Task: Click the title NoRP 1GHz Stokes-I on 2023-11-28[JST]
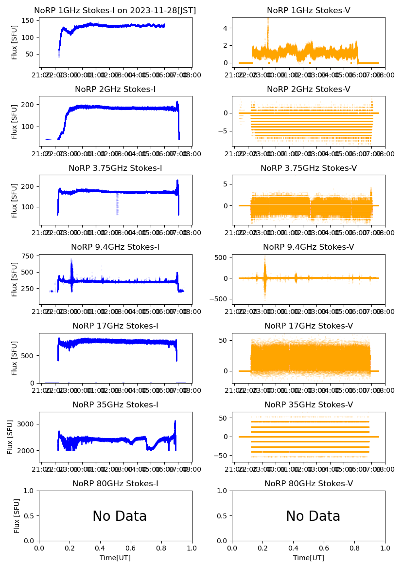(115, 11)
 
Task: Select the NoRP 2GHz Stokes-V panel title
(309, 90)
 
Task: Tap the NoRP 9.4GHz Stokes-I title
(115, 247)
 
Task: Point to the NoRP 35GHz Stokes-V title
(309, 405)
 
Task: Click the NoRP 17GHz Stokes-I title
(115, 326)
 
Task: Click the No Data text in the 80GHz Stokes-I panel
(120, 516)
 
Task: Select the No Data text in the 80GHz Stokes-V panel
(313, 516)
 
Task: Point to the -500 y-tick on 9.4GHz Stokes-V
(221, 299)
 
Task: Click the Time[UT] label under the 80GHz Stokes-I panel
(115, 558)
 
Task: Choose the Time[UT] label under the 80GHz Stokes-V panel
(309, 558)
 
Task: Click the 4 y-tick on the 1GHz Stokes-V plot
(226, 28)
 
